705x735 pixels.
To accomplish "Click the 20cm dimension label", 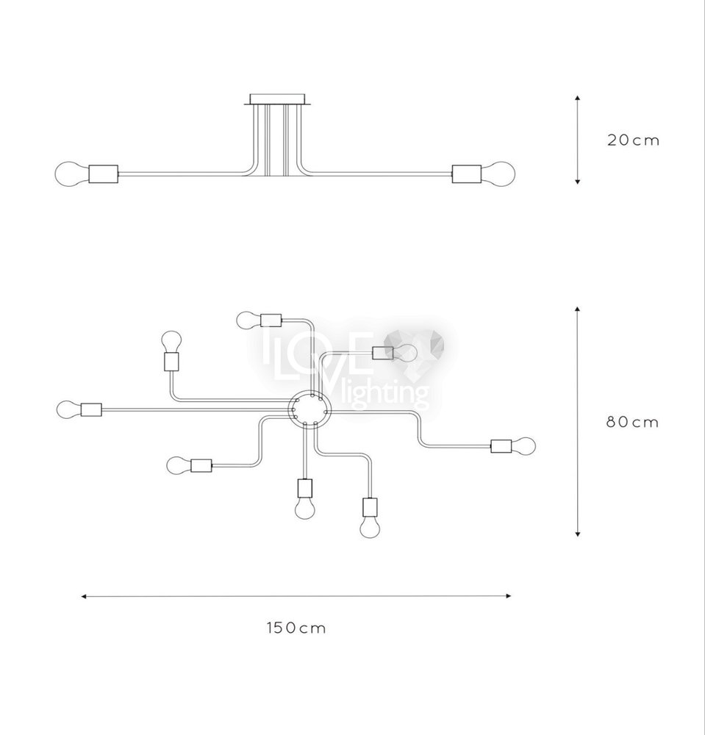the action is coord(633,140).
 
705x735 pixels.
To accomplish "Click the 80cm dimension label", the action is coord(633,423).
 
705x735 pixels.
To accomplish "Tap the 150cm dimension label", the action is coord(296,628).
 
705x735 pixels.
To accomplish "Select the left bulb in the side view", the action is coord(72,174).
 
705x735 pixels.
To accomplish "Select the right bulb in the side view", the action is coord(498,173).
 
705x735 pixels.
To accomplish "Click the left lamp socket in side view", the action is coord(104,174).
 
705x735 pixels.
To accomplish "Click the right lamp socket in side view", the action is coord(466,173).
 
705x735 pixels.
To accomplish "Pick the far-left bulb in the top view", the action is coord(68,409).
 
